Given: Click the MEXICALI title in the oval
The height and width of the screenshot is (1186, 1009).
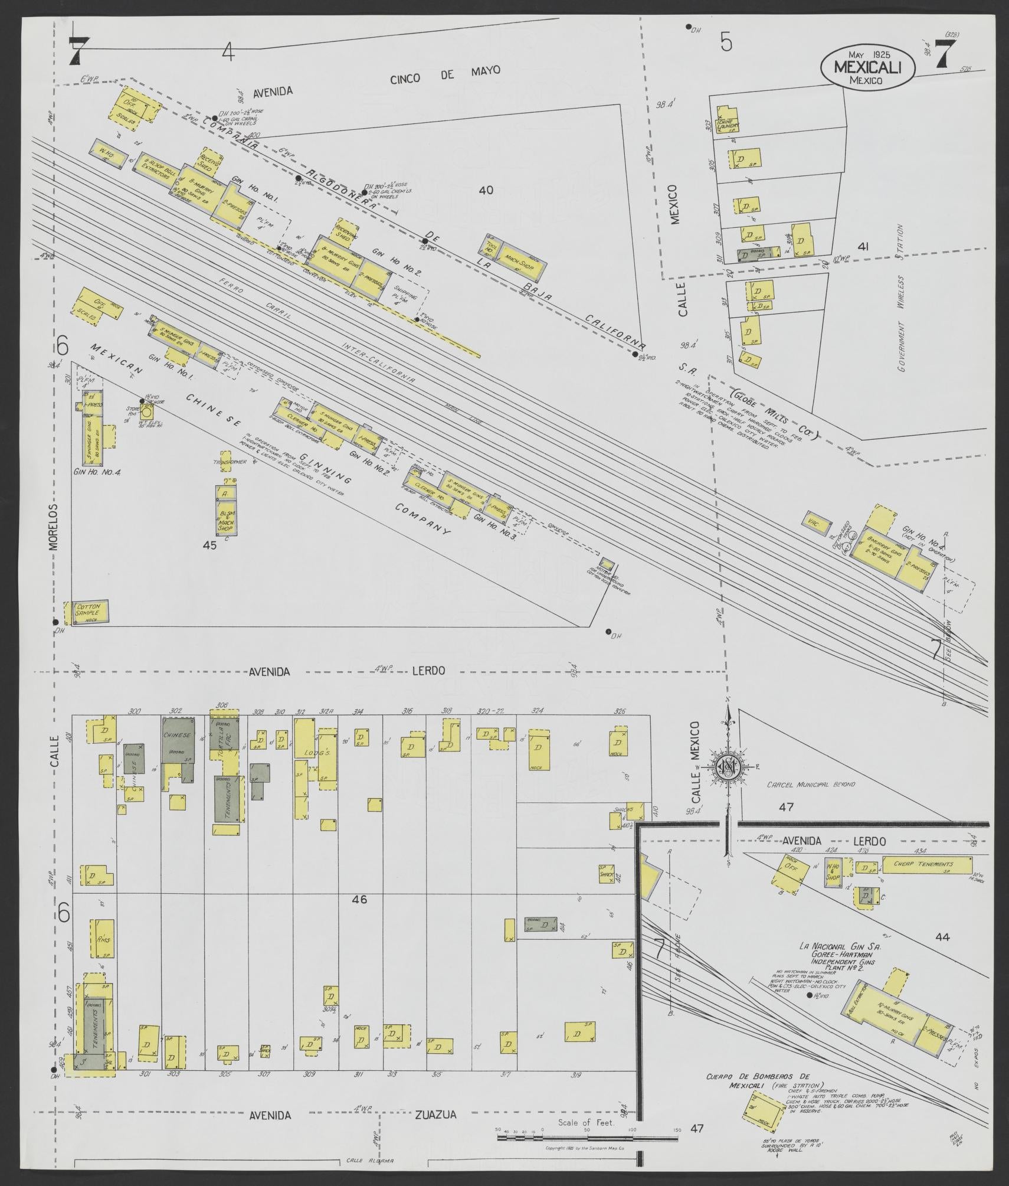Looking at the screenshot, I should [x=867, y=67].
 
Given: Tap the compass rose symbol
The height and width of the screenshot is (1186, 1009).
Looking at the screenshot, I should [x=730, y=767].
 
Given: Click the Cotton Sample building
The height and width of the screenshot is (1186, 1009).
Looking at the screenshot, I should [x=90, y=611].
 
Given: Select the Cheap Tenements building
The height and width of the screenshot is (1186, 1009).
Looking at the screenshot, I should [x=927, y=865].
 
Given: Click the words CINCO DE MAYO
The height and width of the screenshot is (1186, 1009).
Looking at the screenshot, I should [x=445, y=74].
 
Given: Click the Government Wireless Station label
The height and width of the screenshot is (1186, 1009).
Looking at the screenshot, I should [x=900, y=298].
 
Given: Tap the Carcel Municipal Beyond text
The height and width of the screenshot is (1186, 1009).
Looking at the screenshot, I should [x=811, y=785].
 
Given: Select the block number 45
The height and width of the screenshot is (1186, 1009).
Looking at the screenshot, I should [x=209, y=545].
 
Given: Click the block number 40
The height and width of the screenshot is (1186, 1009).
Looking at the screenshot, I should [x=486, y=190].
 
